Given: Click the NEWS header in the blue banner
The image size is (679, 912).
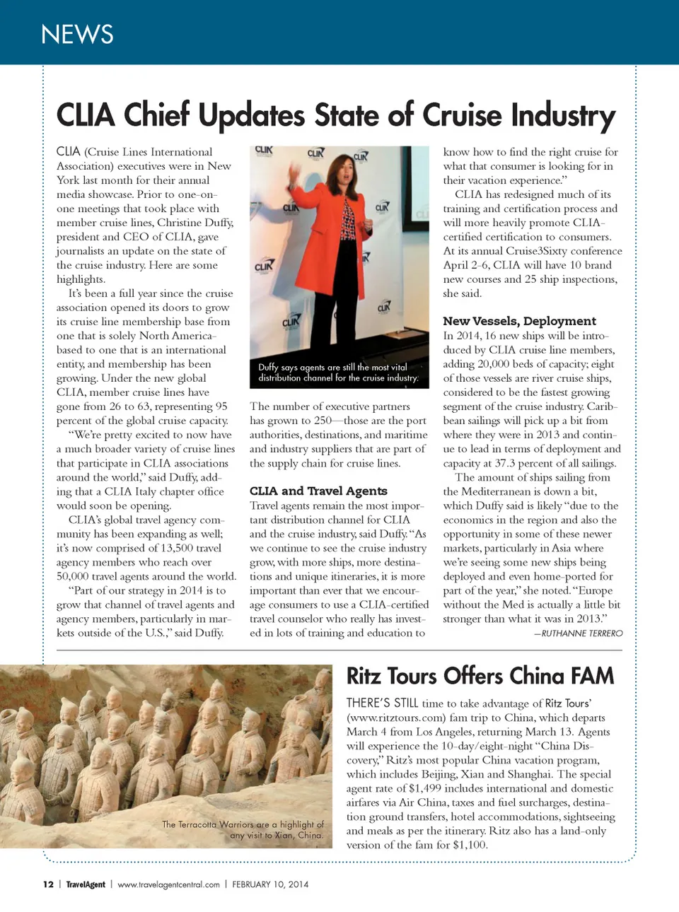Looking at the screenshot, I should pyautogui.click(x=77, y=34).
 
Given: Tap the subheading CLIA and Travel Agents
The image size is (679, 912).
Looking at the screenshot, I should pyautogui.click(x=318, y=491).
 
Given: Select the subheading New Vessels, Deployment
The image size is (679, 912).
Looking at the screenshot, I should pyautogui.click(x=519, y=321).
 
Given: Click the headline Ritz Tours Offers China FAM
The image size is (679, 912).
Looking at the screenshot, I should pyautogui.click(x=480, y=676).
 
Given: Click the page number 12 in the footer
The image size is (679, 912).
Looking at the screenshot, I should pyautogui.click(x=48, y=884).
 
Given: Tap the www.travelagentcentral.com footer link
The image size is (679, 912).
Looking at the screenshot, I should pyautogui.click(x=168, y=884).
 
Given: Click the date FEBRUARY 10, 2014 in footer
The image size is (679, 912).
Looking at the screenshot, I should pyautogui.click(x=270, y=884).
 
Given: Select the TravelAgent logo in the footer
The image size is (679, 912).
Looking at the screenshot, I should pyautogui.click(x=86, y=884).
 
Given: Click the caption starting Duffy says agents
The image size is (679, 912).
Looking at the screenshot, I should pyautogui.click(x=338, y=373).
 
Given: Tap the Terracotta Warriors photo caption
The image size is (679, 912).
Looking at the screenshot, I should pyautogui.click(x=243, y=829).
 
